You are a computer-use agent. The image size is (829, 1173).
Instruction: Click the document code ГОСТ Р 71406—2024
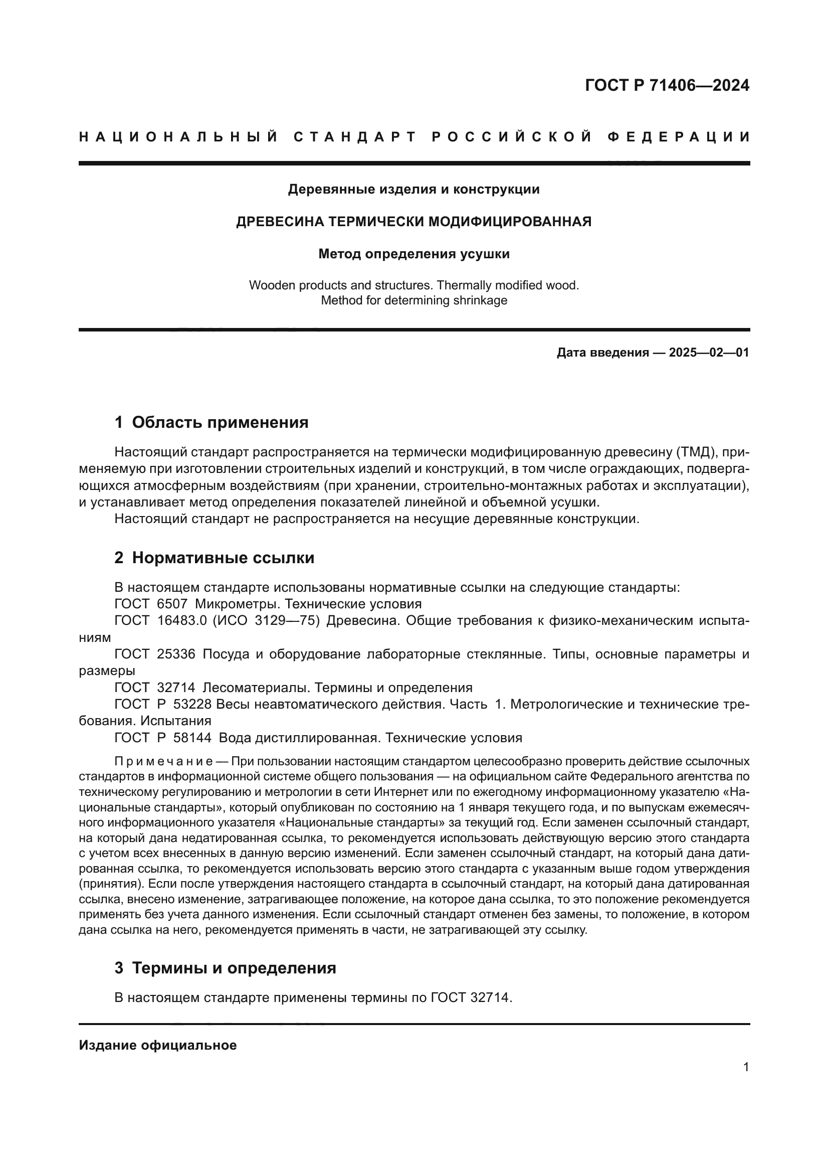tap(667, 86)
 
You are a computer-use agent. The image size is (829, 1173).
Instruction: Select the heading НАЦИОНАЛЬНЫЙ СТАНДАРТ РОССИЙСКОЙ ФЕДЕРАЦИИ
tap(414, 137)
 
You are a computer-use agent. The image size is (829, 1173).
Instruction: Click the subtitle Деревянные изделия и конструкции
tap(413, 190)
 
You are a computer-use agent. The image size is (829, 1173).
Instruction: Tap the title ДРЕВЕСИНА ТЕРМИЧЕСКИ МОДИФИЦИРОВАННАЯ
tap(413, 222)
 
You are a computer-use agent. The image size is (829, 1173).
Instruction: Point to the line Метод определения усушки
tap(413, 254)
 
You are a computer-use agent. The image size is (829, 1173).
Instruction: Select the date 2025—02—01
tap(709, 353)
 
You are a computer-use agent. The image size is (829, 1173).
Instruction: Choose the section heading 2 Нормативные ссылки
tap(215, 558)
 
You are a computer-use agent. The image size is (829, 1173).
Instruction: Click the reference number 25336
tap(176, 654)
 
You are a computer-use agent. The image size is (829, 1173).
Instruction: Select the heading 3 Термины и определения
tap(225, 968)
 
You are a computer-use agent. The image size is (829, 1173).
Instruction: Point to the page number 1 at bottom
tap(746, 1067)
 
